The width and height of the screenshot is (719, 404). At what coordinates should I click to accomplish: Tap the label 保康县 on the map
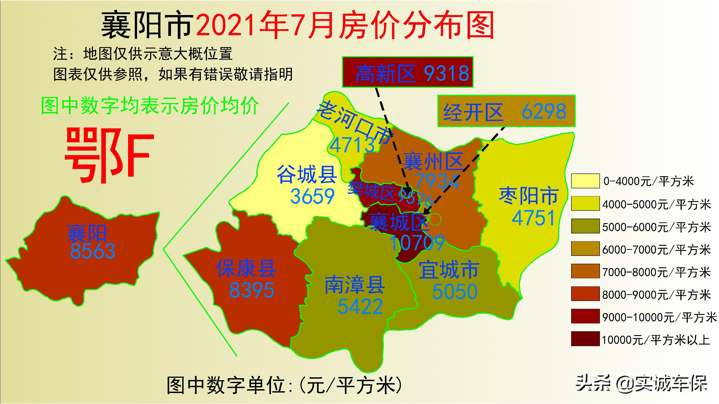(246, 268)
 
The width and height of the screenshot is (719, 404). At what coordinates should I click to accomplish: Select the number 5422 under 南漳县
(360, 306)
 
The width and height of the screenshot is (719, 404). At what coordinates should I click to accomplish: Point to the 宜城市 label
(449, 270)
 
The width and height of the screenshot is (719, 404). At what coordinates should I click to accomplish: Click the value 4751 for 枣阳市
(533, 218)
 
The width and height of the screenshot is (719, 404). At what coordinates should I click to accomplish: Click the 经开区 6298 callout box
(506, 111)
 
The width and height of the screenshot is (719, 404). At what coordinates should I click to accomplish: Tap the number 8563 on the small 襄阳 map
(92, 251)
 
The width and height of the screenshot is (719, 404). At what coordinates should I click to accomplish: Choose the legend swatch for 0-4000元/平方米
(585, 181)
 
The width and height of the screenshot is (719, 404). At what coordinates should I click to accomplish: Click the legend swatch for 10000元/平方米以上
(585, 339)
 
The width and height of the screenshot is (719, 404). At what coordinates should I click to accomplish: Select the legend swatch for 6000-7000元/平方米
(585, 249)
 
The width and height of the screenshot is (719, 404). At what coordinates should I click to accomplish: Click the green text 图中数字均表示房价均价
(150, 106)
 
